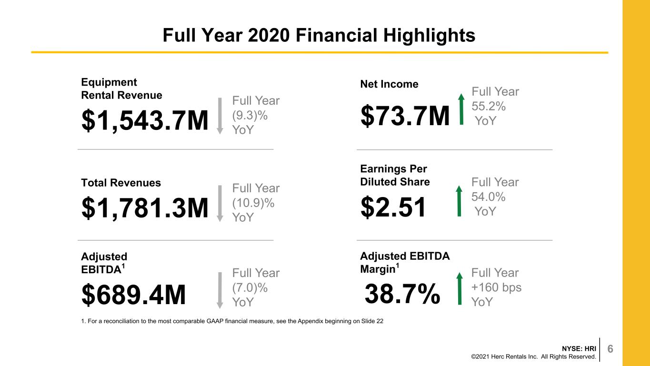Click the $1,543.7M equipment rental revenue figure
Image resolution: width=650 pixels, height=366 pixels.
[x=145, y=120]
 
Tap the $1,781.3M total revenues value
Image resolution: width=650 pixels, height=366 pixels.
[x=145, y=208]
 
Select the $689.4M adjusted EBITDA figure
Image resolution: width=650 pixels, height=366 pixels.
[x=133, y=295]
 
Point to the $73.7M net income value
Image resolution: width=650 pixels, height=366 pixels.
[x=405, y=116]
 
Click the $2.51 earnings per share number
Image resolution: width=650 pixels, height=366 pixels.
[x=393, y=207]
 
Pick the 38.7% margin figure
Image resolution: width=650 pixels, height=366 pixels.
[x=402, y=294]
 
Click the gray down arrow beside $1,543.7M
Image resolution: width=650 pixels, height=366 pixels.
[x=220, y=116]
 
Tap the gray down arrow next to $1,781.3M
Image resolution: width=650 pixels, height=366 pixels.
[x=220, y=204]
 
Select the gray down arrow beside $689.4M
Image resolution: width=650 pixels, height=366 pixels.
[x=220, y=290]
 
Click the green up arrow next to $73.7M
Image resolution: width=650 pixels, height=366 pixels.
[x=461, y=109]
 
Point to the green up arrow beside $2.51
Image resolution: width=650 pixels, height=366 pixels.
[x=459, y=201]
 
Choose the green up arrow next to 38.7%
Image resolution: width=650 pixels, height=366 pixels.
[x=460, y=288]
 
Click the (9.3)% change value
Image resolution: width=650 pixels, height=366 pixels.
[x=250, y=116]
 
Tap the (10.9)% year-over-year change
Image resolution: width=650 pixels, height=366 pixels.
[x=253, y=203]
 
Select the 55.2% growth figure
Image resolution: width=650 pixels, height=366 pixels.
[x=489, y=106]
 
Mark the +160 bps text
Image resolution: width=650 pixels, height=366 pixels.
[x=496, y=287]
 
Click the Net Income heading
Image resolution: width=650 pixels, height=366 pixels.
[x=389, y=84]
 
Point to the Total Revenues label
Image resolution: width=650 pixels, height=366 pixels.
[x=121, y=183]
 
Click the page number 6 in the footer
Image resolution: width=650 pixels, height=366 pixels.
[x=610, y=348]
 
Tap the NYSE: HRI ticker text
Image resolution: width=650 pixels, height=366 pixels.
[x=579, y=348]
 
